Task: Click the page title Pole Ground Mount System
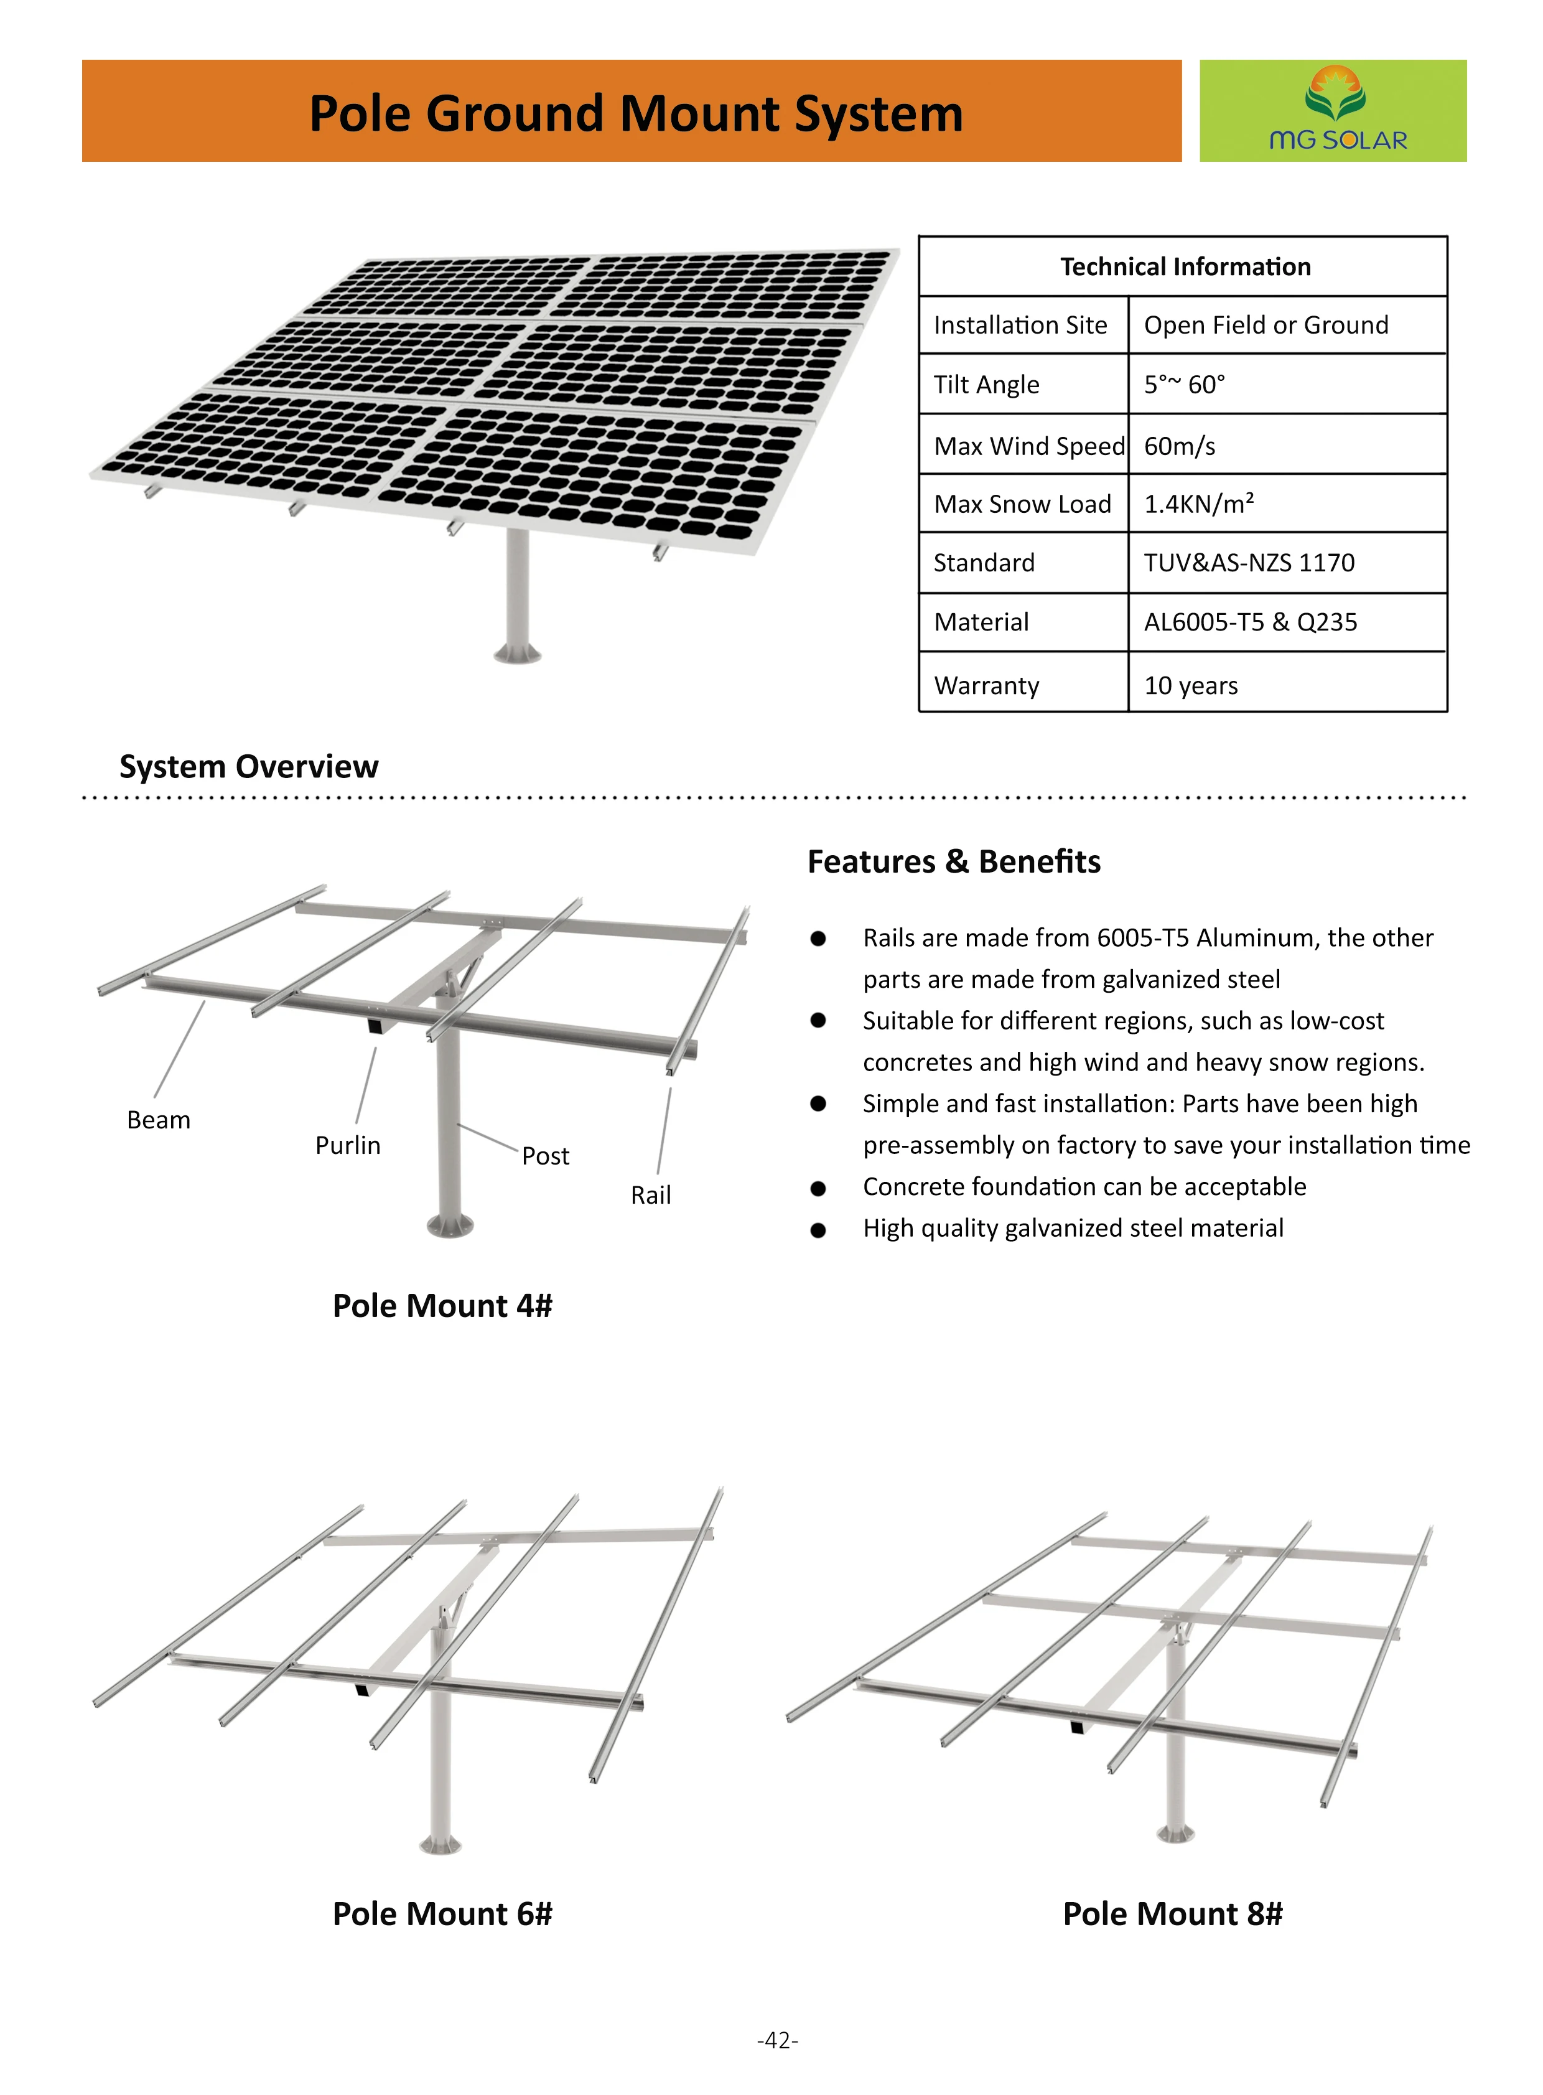tap(635, 113)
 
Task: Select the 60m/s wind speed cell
tap(1180, 446)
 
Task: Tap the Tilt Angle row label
tap(986, 384)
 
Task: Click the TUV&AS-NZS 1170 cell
tap(1249, 563)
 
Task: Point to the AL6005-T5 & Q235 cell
tap(1250, 622)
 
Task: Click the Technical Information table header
tap(1185, 267)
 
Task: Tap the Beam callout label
tap(159, 1120)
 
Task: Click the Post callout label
tap(546, 1156)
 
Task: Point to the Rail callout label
tap(650, 1194)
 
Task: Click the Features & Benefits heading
tap(954, 861)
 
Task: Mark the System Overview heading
tap(248, 766)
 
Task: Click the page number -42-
tap(777, 2040)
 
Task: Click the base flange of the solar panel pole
tap(518, 653)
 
